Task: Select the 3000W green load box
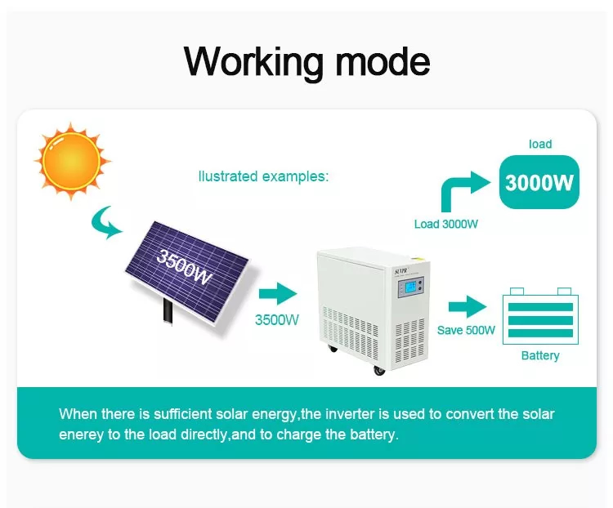click(x=539, y=182)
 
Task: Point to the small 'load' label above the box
click(x=539, y=144)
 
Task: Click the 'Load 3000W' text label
click(x=445, y=224)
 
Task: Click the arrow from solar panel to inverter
click(x=277, y=293)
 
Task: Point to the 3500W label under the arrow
click(x=277, y=320)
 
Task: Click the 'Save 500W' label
click(x=466, y=331)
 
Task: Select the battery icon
click(x=540, y=314)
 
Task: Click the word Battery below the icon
click(x=540, y=355)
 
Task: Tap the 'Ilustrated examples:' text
click(x=263, y=176)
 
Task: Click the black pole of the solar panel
click(x=168, y=310)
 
